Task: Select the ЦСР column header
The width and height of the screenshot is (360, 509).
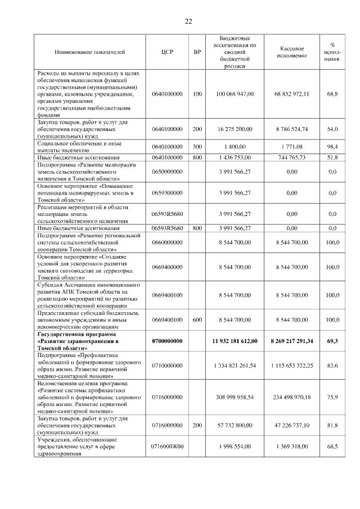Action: point(167,52)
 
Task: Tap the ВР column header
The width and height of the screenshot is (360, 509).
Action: point(197,52)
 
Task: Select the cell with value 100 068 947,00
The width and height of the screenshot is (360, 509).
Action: point(235,94)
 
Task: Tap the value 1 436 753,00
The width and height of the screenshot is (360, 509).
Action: point(235,158)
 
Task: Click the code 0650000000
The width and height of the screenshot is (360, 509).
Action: point(167,171)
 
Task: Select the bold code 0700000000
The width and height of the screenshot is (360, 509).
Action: point(167,341)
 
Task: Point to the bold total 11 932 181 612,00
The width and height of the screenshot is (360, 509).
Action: point(235,341)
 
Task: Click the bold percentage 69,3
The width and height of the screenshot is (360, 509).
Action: point(332,341)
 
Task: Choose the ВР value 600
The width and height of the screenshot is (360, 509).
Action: point(197,319)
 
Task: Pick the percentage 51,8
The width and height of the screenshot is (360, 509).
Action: point(332,158)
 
